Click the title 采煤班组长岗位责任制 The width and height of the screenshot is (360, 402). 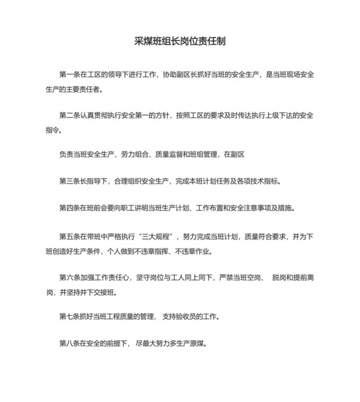[x=179, y=40]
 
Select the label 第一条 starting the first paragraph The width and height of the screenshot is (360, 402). [x=69, y=75]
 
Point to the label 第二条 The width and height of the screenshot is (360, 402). [x=69, y=116]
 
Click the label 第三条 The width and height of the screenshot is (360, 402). [x=69, y=182]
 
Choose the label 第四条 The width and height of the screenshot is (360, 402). [x=69, y=208]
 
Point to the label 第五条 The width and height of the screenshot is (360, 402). [x=69, y=237]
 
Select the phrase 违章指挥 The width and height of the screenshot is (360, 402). [x=172, y=250]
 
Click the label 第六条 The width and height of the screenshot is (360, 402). [x=69, y=277]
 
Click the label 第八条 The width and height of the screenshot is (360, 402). [x=69, y=343]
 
